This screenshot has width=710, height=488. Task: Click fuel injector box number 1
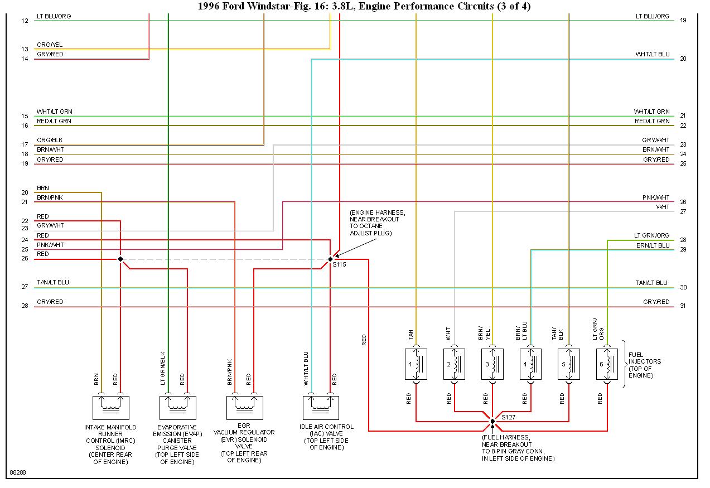[x=416, y=364]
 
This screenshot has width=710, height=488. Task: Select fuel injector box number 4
[x=530, y=364]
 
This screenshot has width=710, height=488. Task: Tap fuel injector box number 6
[x=607, y=364]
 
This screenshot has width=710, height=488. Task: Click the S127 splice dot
[x=492, y=421]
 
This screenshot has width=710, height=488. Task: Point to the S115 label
[x=339, y=264]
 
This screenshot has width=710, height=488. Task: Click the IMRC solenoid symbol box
[x=111, y=407]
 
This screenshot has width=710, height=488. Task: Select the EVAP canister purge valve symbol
[x=178, y=407]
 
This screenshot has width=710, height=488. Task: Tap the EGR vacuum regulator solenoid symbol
[x=245, y=407]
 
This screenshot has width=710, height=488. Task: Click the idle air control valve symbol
[x=321, y=407]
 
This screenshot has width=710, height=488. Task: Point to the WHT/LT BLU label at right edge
[x=652, y=55]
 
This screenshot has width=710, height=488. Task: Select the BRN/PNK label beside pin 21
[x=50, y=197]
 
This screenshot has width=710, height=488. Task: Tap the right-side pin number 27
[x=683, y=212]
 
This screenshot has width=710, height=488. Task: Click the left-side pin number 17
[x=25, y=145]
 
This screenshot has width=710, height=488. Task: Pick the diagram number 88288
[x=17, y=472]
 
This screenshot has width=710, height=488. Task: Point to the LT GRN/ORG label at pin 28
[x=651, y=236]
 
